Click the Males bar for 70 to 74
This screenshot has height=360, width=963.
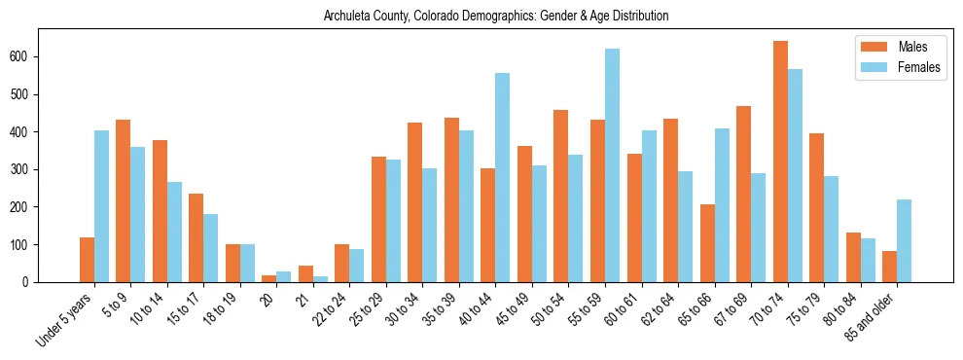tap(780, 162)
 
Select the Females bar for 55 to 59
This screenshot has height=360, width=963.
tap(612, 165)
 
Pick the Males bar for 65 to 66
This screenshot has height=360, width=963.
tap(707, 243)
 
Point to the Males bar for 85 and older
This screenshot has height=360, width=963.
tap(890, 267)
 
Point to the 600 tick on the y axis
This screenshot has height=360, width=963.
tap(39, 56)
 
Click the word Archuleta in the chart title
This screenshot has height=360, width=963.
tap(350, 17)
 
